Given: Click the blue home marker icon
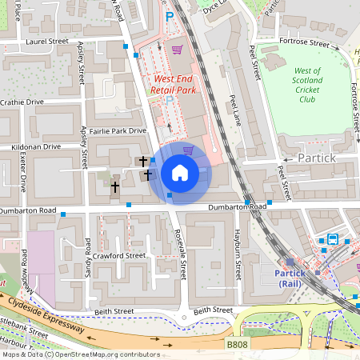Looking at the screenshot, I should pos(180,173).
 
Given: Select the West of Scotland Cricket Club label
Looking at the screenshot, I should pos(308,85).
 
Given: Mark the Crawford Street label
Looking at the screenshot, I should pos(118,256).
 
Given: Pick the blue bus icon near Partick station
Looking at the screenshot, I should pos(331,239).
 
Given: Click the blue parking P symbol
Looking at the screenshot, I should pos(168,17).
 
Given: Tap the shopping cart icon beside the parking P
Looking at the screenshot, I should pos(176,50).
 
